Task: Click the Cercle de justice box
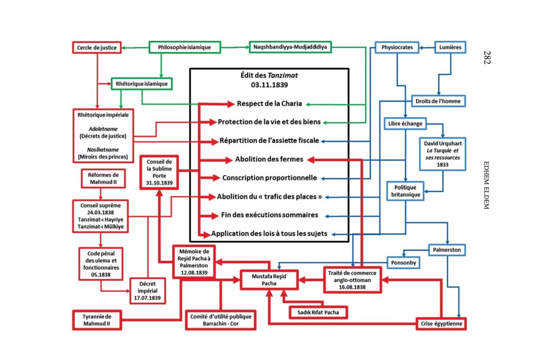pos(97,47)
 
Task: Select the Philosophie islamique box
pos(184,47)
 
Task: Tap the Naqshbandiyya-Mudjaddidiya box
pos(290,47)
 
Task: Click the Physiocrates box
pos(397,47)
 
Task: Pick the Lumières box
pos(451,47)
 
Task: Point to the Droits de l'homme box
pos(439,101)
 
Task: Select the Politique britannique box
pos(405,191)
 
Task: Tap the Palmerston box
pos(447,250)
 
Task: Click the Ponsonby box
pos(404,263)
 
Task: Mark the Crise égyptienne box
pos(441,324)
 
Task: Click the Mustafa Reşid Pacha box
pos(269,279)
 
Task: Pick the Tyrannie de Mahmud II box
pos(97,320)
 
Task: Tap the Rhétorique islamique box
pos(142,84)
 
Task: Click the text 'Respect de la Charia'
pos(269,104)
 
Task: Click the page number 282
pos(487,57)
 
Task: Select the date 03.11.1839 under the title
pos(269,84)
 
